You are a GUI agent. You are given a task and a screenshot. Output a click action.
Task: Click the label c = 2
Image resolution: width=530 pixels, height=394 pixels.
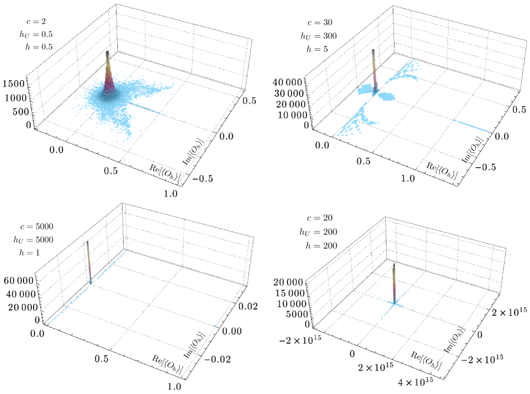36,21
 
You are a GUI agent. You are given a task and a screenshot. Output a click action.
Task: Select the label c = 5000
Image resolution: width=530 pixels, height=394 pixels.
36,226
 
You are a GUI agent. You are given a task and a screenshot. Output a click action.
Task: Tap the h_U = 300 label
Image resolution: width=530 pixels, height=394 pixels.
319,36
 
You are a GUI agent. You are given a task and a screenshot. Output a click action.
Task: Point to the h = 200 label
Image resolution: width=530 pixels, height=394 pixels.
321,246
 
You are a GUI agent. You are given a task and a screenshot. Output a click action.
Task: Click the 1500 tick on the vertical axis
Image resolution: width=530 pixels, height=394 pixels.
14,84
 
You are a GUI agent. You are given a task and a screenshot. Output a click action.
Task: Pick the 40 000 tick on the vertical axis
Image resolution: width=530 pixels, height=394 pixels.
287,82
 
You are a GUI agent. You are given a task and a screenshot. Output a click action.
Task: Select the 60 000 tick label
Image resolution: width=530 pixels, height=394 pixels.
19,280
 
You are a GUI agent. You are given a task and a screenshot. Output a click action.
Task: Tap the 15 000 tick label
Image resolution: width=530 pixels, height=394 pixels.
290,293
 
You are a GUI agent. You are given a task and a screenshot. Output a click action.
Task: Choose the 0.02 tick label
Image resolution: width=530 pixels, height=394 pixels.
248,306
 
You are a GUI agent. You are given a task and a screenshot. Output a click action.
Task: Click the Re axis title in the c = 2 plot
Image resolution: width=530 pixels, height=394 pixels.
165,173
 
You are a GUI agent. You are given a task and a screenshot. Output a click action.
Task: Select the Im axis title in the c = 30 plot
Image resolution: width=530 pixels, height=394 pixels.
472,150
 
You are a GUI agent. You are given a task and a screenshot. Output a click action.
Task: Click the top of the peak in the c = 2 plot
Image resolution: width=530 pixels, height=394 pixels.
108,52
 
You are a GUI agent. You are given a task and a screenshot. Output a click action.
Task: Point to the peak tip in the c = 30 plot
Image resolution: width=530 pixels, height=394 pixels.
373,50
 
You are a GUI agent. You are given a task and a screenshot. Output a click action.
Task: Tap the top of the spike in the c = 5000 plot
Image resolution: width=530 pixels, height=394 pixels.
87,242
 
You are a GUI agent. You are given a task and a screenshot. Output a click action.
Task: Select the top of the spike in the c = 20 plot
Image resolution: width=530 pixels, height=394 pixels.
394,265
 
